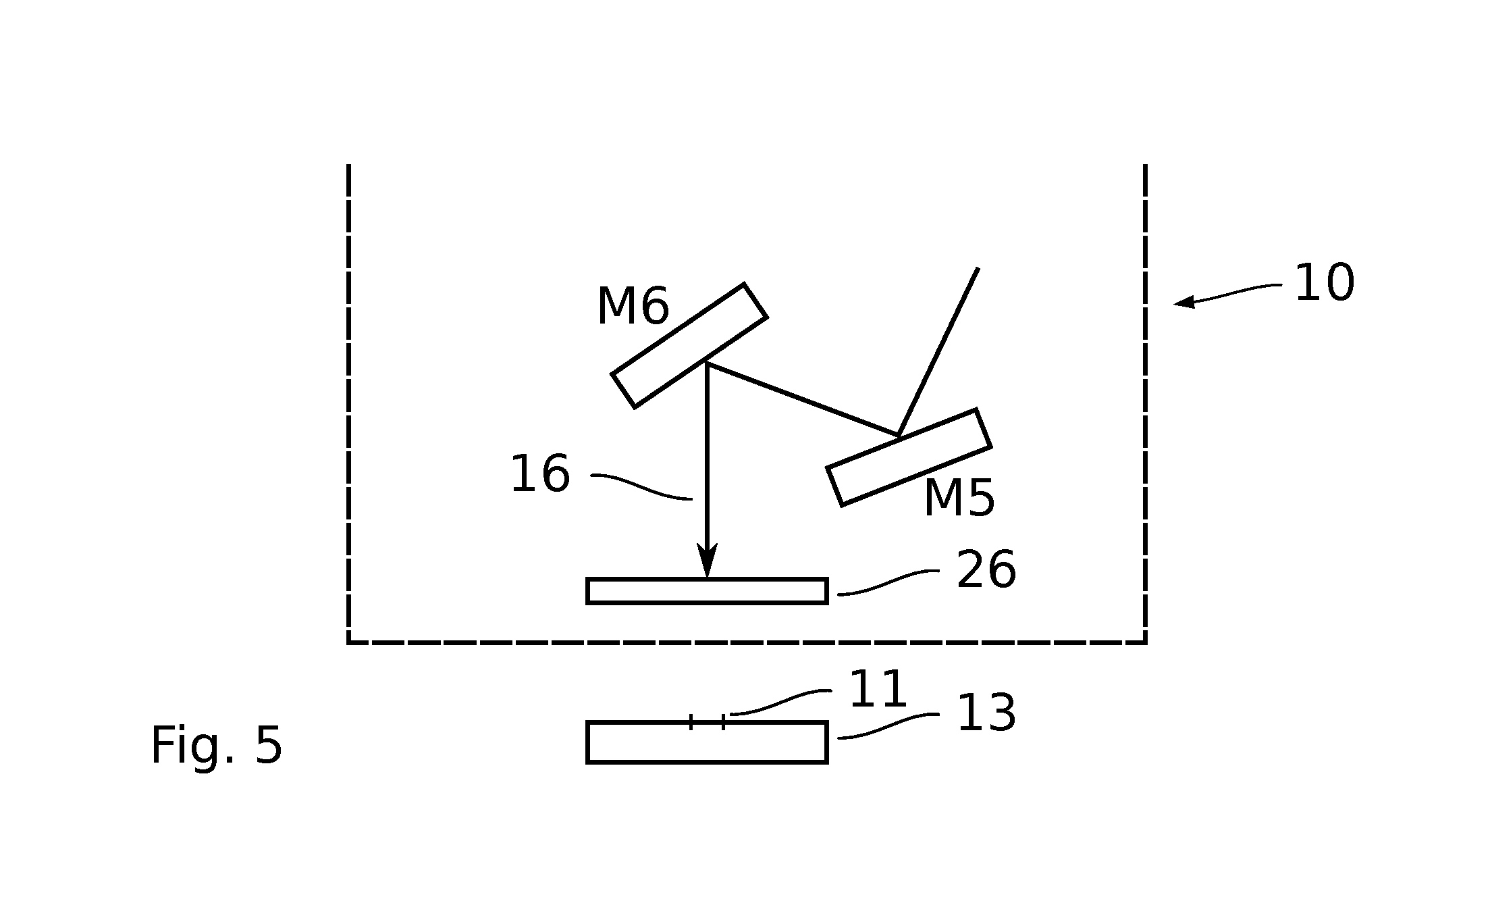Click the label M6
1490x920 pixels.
tap(633, 307)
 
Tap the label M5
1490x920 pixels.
tap(959, 499)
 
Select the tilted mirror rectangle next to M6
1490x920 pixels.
tap(689, 345)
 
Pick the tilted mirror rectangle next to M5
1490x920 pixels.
tap(909, 457)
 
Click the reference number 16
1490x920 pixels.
tap(540, 474)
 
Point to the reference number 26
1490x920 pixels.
tap(986, 570)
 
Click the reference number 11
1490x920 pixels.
tap(878, 690)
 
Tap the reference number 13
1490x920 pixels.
tap(986, 713)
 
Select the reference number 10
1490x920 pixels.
tap(1325, 283)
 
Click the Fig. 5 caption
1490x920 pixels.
tap(216, 746)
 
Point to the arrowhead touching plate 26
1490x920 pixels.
tap(707, 560)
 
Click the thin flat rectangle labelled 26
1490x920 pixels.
tap(707, 591)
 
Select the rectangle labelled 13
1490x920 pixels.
tap(707, 742)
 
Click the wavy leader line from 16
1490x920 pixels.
tap(641, 486)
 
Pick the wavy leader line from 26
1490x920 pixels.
tap(888, 582)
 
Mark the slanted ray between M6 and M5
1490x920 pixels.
tap(803, 399)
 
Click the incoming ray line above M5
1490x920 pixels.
tap(938, 352)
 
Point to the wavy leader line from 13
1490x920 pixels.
tap(888, 726)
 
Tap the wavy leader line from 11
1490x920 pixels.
tap(781, 702)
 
